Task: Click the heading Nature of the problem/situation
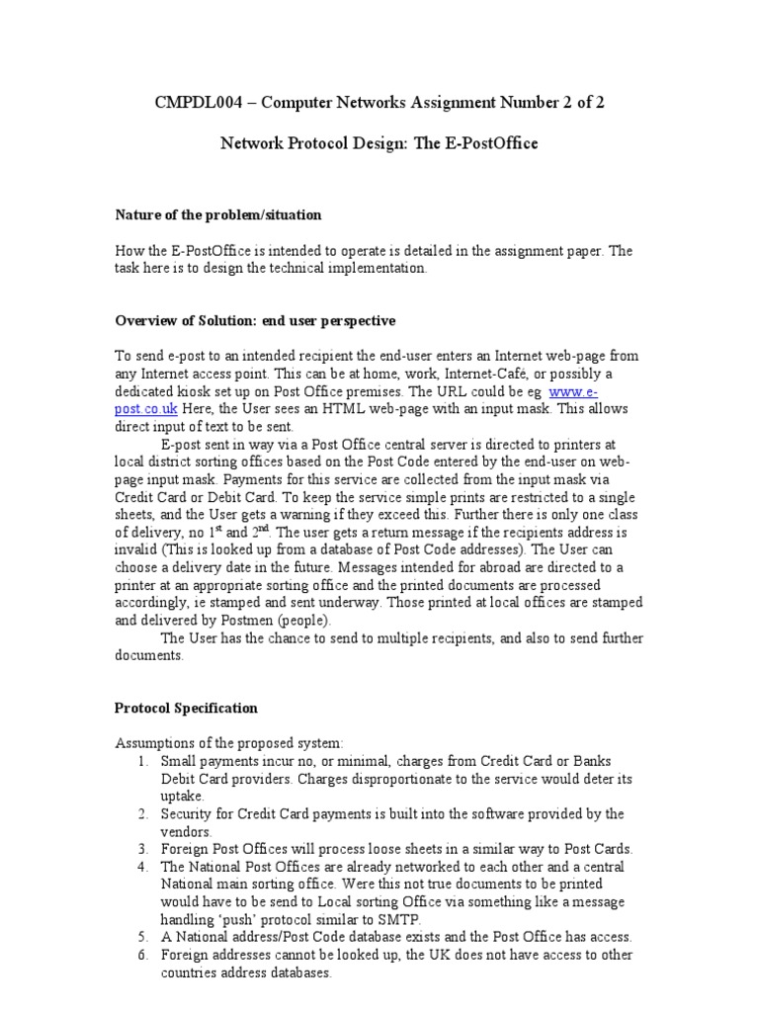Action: pyautogui.click(x=217, y=214)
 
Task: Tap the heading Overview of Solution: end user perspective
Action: pyautogui.click(x=255, y=321)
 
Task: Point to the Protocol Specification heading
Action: pyautogui.click(x=187, y=708)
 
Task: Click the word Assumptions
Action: pyautogui.click(x=155, y=742)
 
